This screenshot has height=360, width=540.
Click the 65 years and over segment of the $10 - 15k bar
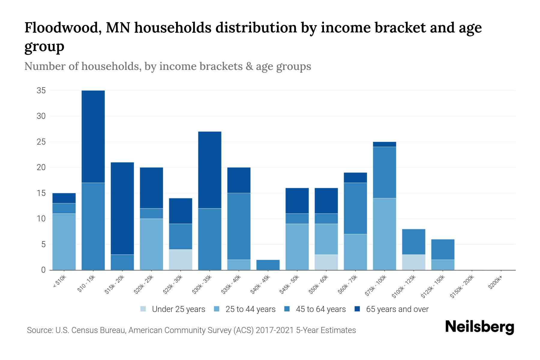(93, 136)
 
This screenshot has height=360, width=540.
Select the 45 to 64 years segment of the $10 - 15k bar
(93, 226)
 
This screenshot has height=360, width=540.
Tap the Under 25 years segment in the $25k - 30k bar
(181, 260)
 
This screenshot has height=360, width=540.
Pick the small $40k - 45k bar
(268, 265)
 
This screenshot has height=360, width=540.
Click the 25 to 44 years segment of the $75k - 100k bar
(384, 234)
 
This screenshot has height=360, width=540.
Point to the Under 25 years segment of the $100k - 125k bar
(413, 262)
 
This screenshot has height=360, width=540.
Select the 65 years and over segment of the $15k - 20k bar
(122, 208)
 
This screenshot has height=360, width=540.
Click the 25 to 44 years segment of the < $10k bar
(64, 242)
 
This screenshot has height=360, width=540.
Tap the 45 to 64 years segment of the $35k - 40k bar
(239, 226)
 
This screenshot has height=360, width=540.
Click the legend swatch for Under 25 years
(143, 309)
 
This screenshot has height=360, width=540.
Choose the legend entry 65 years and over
(397, 309)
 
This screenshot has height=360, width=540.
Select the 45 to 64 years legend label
(320, 309)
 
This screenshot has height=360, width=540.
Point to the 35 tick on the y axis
(41, 91)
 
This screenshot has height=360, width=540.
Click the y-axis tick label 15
(41, 193)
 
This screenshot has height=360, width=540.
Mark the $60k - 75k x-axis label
(348, 285)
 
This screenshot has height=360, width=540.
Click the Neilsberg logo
(479, 327)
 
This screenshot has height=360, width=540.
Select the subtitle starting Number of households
(167, 66)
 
